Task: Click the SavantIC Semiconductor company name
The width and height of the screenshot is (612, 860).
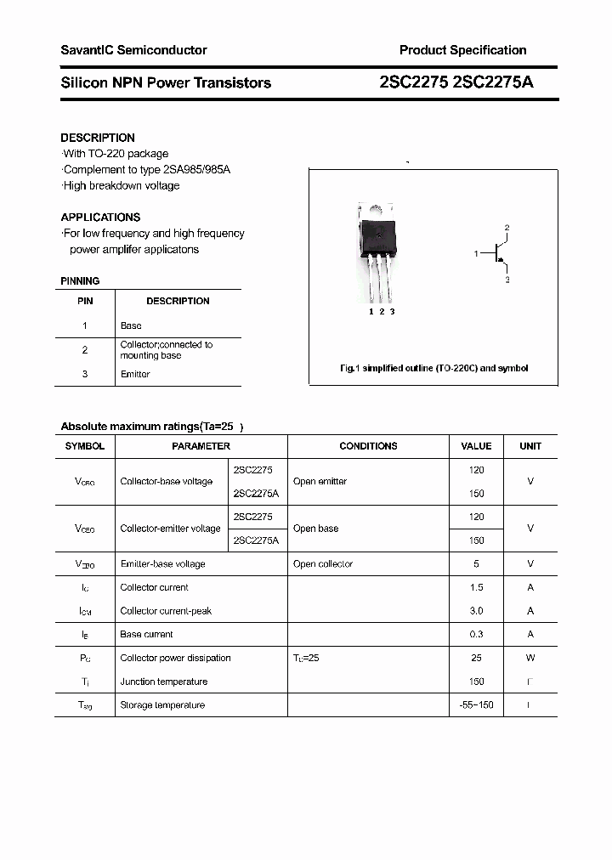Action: [x=133, y=50]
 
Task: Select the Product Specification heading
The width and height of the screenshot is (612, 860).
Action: [x=462, y=50]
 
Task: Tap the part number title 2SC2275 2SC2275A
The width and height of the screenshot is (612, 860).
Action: [x=456, y=82]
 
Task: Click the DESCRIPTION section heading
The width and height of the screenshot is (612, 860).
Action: [x=98, y=138]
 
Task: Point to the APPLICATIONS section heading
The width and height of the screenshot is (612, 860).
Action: [x=100, y=217]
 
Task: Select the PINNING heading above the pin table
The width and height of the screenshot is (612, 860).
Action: [x=80, y=280]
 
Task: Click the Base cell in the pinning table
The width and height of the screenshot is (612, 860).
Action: [x=131, y=325]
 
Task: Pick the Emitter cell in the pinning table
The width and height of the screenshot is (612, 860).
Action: [x=135, y=374]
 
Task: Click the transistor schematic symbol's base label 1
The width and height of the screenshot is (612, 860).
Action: [x=476, y=253]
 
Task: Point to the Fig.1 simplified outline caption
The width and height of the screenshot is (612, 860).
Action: [x=433, y=368]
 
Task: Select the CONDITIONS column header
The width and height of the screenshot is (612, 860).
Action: [x=368, y=446]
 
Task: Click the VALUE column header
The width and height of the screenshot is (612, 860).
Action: [x=476, y=446]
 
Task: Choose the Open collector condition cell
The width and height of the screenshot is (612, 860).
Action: [x=322, y=564]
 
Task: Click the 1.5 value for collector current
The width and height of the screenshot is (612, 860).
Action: [x=476, y=587]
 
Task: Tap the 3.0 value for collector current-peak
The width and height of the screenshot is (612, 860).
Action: [x=476, y=611]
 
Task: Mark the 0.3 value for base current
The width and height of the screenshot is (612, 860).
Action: [x=476, y=635]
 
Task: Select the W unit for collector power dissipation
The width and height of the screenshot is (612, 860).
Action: [x=530, y=658]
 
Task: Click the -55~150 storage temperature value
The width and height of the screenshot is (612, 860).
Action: [x=476, y=705]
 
